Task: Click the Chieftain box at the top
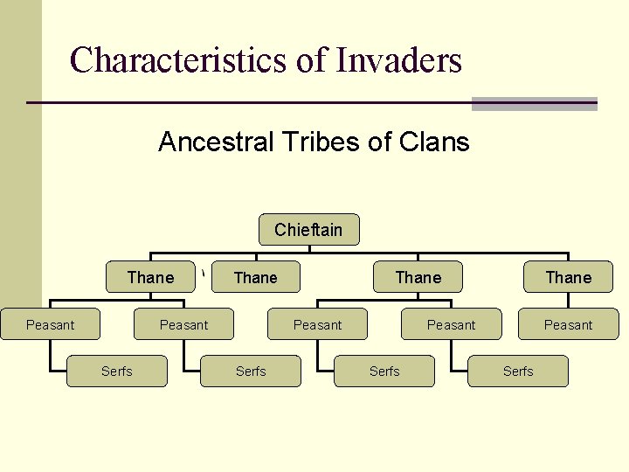308,230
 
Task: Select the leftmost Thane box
151,277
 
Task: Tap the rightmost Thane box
568,277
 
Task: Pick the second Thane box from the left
256,277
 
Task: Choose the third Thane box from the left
418,277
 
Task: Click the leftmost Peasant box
50,324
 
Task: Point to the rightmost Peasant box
568,324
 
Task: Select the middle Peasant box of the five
317,324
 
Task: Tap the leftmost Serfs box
117,371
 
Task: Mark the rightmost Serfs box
518,371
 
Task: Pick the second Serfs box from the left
251,371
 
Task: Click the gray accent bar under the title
534,104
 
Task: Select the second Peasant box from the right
451,324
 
